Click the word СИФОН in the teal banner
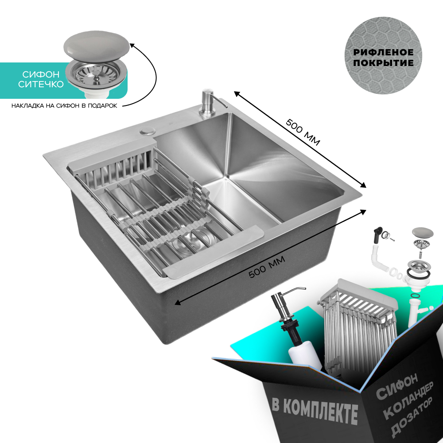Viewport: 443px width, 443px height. (x=41, y=74)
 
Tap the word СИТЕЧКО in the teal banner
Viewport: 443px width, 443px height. (x=41, y=84)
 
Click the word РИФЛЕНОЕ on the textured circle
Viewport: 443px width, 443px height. (x=383, y=52)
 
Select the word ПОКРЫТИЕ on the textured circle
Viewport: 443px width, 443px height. (x=383, y=63)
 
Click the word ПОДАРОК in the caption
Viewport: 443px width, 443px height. (x=102, y=106)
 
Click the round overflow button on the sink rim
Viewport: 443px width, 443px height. (x=147, y=131)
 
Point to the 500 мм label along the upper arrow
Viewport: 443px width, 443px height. (x=303, y=132)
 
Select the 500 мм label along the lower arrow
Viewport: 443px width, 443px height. (x=267, y=267)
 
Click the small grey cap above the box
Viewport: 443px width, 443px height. (x=423, y=233)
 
